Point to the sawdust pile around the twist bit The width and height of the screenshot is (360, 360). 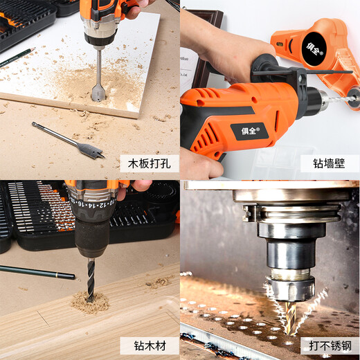[x=90, y=303]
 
